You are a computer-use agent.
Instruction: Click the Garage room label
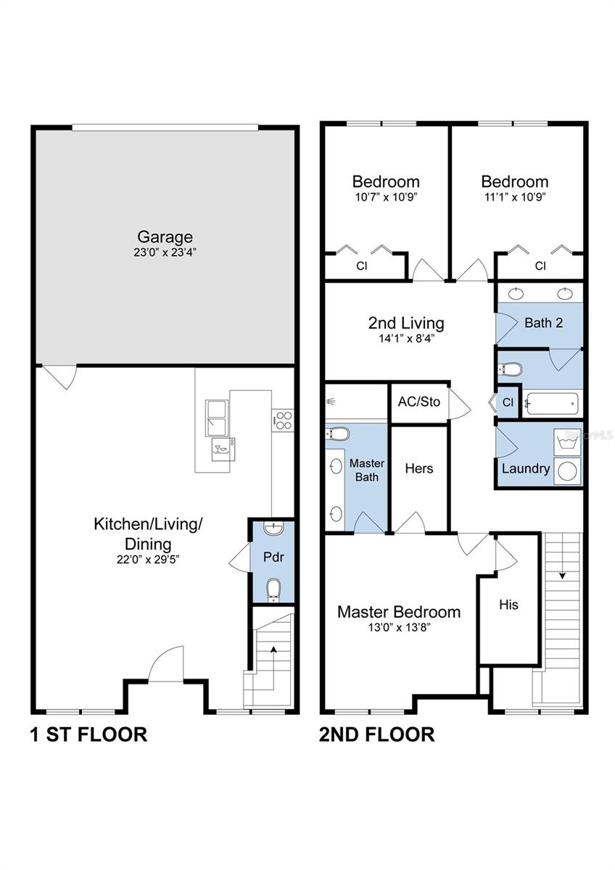point(165,236)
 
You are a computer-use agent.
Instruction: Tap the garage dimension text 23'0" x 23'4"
point(165,253)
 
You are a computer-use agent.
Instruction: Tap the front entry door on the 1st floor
point(166,663)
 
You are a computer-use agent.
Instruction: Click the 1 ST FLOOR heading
point(88,734)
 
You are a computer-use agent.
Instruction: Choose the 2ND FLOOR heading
point(377,734)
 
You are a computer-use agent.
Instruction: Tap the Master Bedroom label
point(398,612)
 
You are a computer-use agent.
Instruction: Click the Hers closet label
point(418,468)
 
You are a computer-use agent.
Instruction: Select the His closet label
point(508,604)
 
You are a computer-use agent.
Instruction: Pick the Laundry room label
point(525,468)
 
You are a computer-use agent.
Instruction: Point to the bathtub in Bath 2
point(553,403)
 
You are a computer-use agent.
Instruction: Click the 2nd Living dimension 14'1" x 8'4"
point(405,338)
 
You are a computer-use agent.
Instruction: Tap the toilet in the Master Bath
point(338,434)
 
